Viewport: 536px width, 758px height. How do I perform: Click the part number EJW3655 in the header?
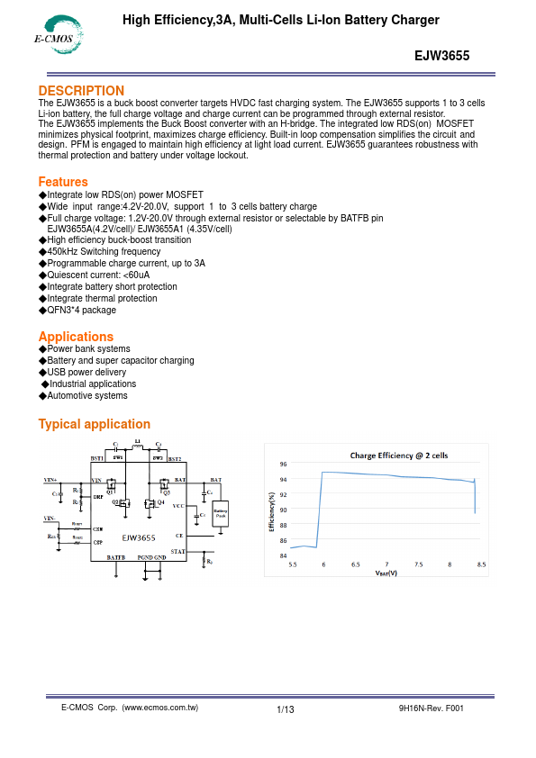pos(441,54)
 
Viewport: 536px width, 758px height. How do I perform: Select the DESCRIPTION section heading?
pos(81,91)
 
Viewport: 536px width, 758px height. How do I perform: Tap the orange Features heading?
pos(63,182)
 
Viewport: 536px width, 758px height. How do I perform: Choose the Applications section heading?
pos(76,337)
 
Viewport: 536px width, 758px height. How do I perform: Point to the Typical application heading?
pos(94,424)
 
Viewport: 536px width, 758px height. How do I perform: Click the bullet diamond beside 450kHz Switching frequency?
pos(41,252)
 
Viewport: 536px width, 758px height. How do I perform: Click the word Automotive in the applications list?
pos(68,395)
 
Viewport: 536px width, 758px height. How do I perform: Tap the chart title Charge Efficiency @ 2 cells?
pos(398,456)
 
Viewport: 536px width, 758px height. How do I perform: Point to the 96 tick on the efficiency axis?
pos(284,465)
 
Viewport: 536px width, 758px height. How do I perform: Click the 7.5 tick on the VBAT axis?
pos(418,564)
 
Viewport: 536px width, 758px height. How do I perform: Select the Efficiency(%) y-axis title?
pos(272,510)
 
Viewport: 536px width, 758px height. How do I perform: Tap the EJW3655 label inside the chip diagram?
pos(140,537)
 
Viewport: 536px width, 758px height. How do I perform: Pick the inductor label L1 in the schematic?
pos(137,442)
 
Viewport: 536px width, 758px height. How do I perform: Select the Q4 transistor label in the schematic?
pos(161,501)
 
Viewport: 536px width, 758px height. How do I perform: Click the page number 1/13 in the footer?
pos(286,710)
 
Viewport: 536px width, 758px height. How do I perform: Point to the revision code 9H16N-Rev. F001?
pos(431,708)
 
